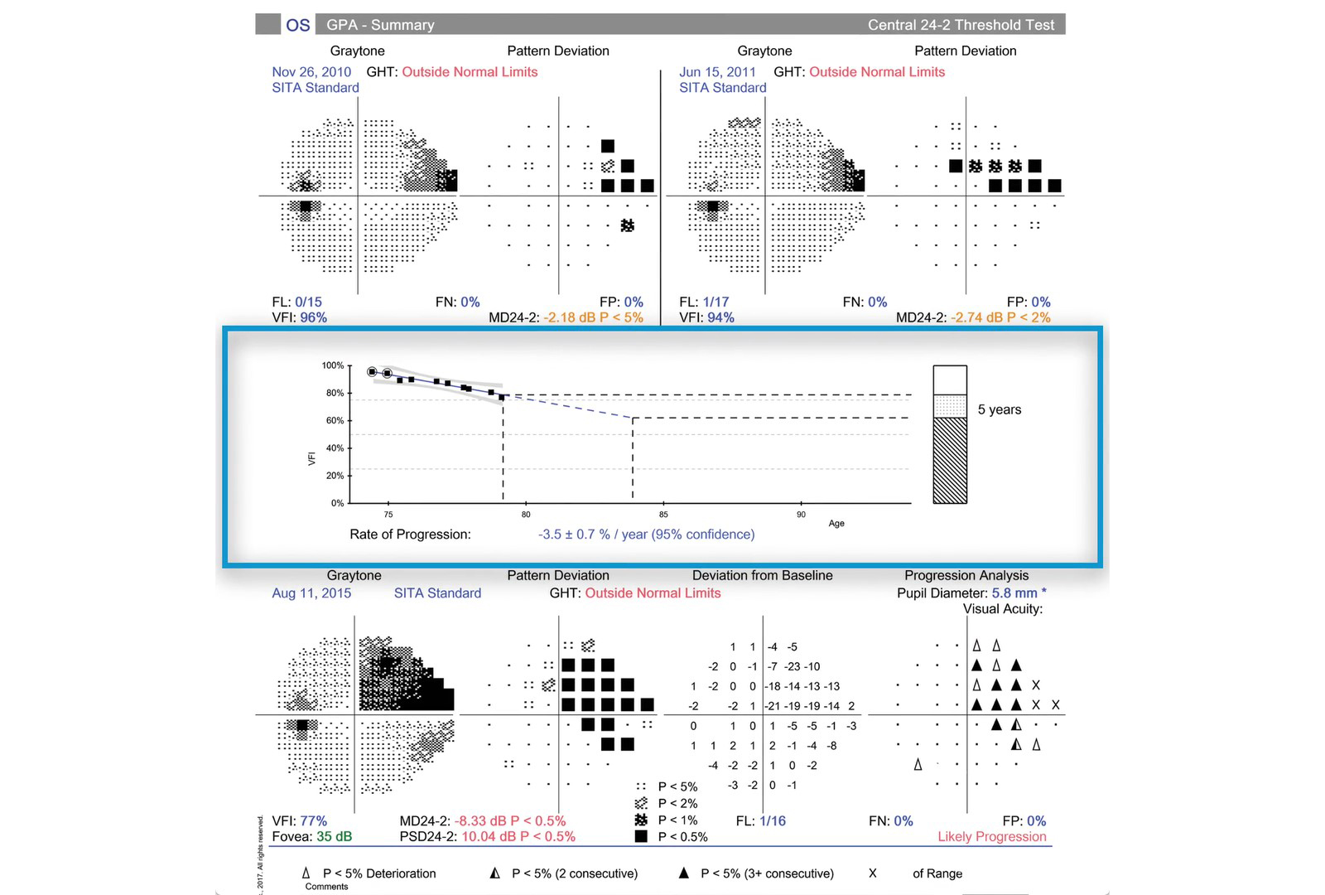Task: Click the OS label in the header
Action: [297, 25]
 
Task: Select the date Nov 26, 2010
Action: [311, 72]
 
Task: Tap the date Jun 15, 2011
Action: [717, 72]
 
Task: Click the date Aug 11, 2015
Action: [311, 593]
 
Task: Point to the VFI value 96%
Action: [313, 317]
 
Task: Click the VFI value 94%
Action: [720, 317]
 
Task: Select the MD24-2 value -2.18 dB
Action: [571, 317]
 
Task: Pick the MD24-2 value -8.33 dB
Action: [483, 821]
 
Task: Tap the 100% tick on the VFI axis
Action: [333, 365]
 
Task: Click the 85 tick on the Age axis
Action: [663, 515]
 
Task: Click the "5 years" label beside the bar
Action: [999, 409]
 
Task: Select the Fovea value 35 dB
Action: [334, 837]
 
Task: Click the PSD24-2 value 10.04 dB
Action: [489, 837]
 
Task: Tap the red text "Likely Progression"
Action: [991, 837]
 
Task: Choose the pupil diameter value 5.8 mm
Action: [1014, 593]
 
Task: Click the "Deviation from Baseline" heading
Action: [762, 575]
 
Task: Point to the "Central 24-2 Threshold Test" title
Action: [961, 25]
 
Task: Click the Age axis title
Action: [836, 524]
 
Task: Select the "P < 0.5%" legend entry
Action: [682, 837]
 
